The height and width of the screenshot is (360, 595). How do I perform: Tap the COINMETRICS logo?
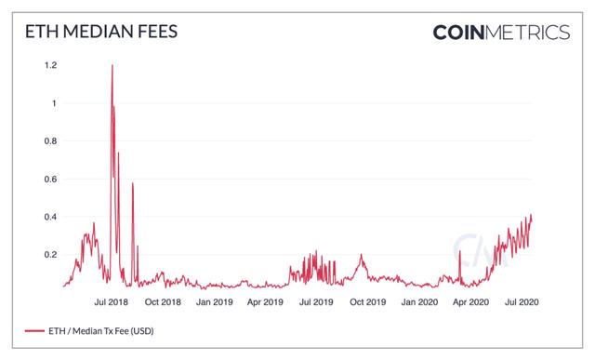(x=501, y=33)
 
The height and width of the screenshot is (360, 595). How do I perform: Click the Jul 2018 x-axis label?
(x=112, y=302)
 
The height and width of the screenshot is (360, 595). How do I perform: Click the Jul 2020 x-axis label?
(x=521, y=302)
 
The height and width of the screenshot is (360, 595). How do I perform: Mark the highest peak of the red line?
(x=112, y=65)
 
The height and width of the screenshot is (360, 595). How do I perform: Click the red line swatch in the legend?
(x=35, y=331)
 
